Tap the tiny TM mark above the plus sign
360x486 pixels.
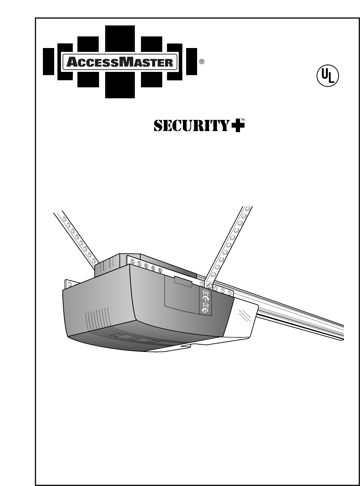(243, 120)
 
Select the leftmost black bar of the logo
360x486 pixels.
(48, 62)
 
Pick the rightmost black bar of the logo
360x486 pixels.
(192, 62)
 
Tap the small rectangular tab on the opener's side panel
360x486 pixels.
(183, 281)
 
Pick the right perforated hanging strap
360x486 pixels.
(229, 245)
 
